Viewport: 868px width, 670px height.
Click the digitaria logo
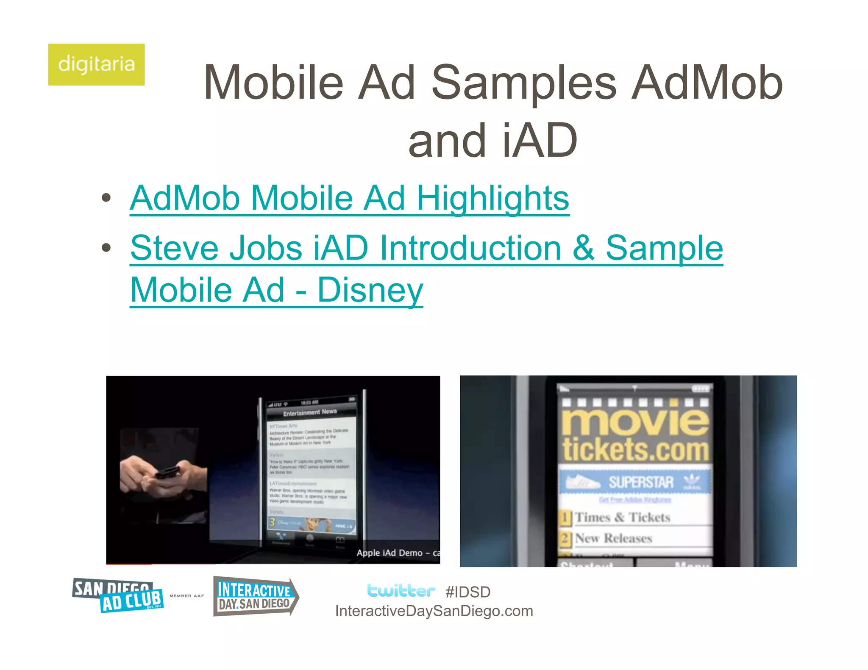tap(96, 64)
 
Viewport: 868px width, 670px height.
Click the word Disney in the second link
tap(370, 290)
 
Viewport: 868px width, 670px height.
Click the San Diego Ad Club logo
tap(118, 595)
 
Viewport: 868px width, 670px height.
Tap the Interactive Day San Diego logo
tap(255, 596)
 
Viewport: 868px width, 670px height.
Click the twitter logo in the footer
tap(401, 590)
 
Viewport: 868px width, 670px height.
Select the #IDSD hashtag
tap(468, 592)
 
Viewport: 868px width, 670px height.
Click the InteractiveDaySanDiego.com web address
tap(434, 611)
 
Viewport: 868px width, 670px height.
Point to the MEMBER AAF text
tap(186, 596)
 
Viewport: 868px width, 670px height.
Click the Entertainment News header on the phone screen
tap(310, 412)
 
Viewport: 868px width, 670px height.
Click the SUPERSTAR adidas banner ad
tap(635, 482)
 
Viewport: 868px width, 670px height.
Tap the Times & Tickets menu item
tap(622, 518)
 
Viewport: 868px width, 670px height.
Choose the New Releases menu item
tap(613, 538)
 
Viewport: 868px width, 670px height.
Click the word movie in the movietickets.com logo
tap(635, 421)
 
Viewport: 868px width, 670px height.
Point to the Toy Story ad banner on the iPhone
tap(312, 524)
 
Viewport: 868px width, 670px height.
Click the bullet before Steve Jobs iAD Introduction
tap(106, 248)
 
